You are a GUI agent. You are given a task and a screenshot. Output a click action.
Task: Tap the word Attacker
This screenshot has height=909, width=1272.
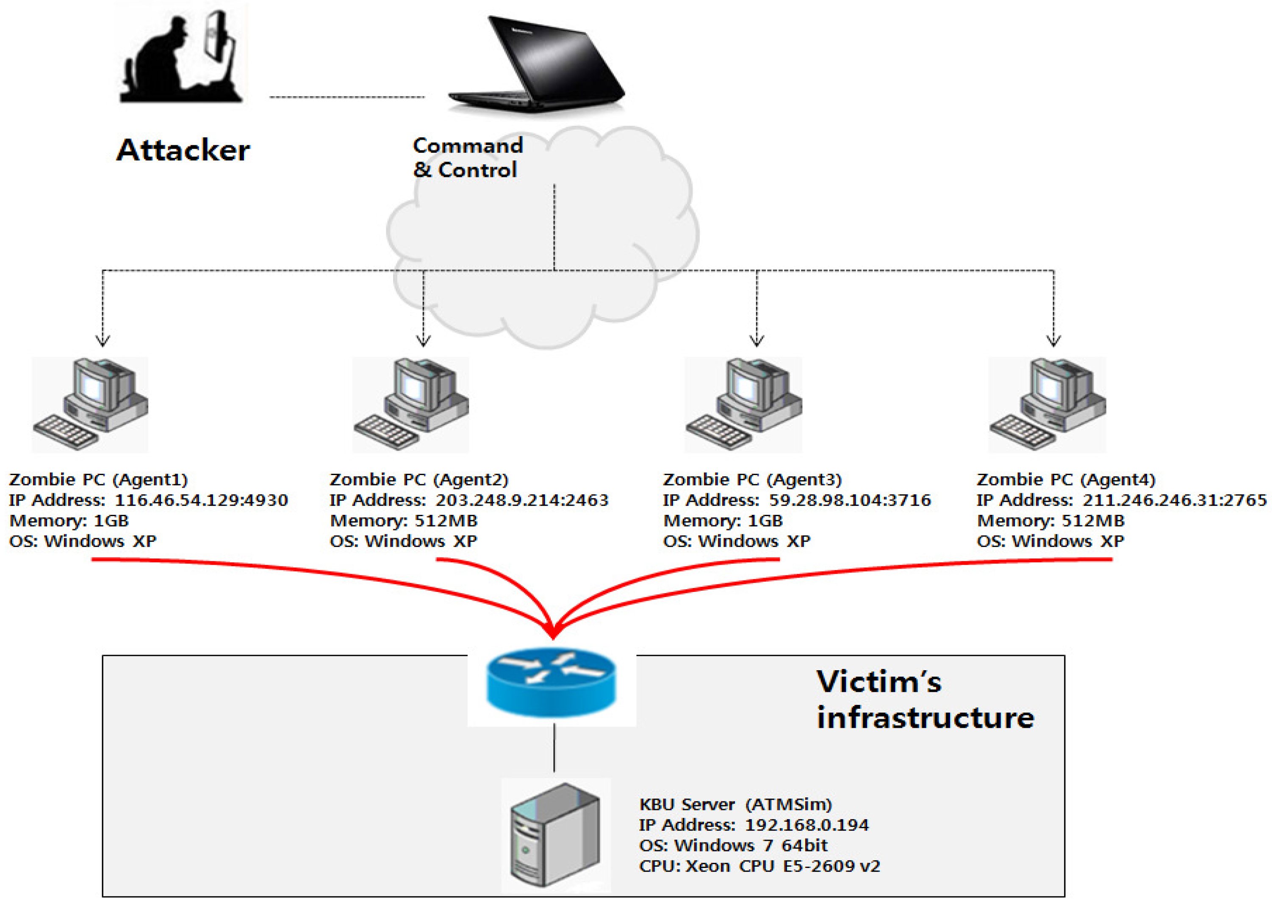(x=183, y=150)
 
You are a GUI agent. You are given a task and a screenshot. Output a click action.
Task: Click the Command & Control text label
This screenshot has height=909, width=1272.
(x=468, y=158)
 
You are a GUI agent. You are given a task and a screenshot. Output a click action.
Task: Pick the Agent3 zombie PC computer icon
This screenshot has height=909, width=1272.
(x=743, y=404)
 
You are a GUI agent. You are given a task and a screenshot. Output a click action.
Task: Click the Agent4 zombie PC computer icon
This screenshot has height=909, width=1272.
(x=1048, y=404)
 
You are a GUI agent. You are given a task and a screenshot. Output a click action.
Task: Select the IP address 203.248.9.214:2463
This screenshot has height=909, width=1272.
(x=522, y=500)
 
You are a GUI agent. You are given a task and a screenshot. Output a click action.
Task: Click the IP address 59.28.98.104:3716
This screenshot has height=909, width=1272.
(x=849, y=500)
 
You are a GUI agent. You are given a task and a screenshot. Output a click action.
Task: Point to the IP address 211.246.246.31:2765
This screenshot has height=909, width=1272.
(x=1174, y=500)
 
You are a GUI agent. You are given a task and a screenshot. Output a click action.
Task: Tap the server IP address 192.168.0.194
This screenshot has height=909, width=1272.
(x=806, y=824)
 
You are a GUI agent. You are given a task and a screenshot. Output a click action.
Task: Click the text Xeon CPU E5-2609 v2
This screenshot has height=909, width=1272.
(x=783, y=866)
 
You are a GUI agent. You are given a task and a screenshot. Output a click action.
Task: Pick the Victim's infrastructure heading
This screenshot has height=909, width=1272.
(x=924, y=700)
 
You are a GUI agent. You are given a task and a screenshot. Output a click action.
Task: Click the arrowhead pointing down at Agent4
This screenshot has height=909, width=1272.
(x=1054, y=340)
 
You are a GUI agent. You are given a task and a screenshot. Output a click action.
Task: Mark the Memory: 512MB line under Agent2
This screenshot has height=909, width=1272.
(x=404, y=521)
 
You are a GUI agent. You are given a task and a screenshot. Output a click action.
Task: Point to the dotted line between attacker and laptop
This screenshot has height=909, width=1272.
(x=347, y=97)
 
